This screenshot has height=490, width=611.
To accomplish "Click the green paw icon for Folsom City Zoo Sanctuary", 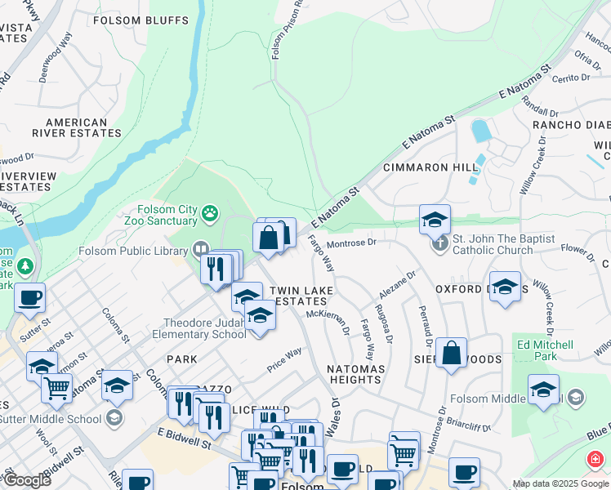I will [211, 214].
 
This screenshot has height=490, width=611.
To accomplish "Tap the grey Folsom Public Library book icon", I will [200, 249].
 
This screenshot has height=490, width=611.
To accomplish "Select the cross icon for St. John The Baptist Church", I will [441, 244].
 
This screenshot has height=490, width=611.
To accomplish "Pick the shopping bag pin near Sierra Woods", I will [451, 353].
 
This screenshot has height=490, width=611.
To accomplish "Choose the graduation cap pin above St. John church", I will [435, 219].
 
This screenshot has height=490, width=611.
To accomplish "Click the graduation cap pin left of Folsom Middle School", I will [543, 390].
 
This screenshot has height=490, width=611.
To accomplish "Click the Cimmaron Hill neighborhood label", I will [430, 167].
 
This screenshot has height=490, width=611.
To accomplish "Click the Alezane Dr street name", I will [398, 286].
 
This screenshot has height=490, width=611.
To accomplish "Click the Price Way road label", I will [284, 359].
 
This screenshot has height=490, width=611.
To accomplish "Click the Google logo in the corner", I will [27, 480].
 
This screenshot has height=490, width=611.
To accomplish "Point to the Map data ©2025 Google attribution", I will [560, 483].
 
